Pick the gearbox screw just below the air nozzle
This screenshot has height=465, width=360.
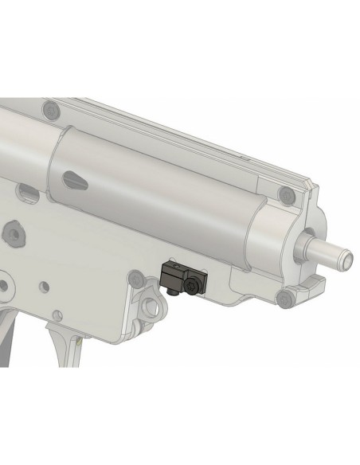click(x=284, y=298)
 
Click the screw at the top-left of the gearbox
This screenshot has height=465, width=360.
click(x=52, y=107)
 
